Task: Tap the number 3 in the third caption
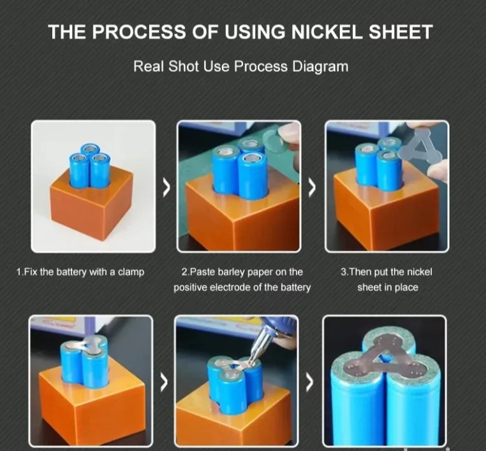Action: tap(343, 272)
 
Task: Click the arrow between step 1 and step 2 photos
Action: tap(166, 187)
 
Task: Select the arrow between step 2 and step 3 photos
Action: tap(312, 187)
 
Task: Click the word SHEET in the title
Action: tap(401, 32)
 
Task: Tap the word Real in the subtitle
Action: tap(149, 66)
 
